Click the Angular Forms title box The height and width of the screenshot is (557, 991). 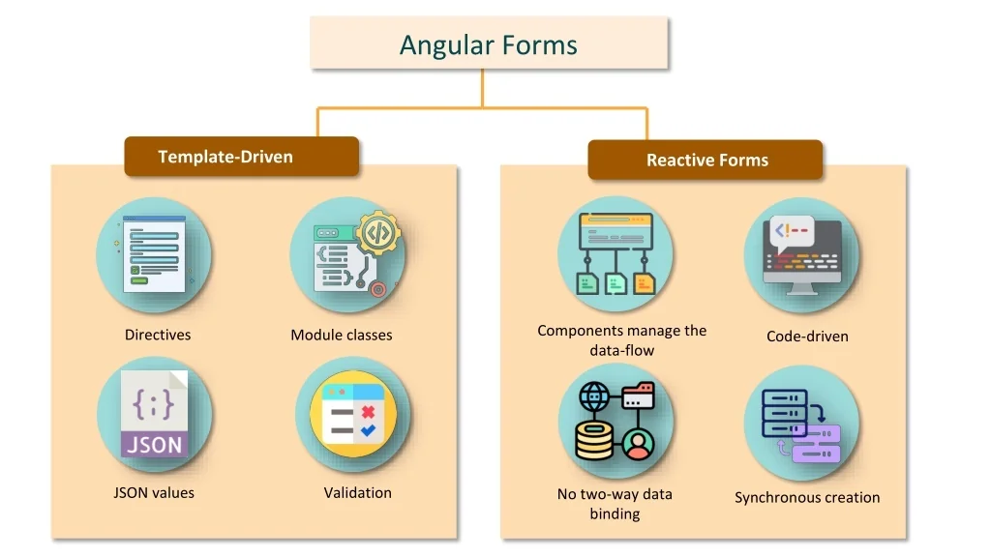click(489, 44)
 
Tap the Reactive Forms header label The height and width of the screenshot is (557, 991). click(706, 161)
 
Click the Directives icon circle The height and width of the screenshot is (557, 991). click(154, 254)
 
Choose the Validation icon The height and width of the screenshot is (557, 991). click(353, 414)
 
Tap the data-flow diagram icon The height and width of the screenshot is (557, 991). click(616, 254)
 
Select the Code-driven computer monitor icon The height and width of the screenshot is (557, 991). click(802, 254)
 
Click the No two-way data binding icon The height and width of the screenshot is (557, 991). click(616, 421)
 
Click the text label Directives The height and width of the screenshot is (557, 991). click(158, 335)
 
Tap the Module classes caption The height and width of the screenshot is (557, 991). click(342, 335)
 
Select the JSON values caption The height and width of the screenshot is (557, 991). click(154, 492)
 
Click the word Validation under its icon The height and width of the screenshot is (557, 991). click(358, 492)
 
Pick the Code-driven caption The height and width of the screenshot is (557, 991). click(807, 337)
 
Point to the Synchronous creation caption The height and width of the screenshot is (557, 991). click(807, 497)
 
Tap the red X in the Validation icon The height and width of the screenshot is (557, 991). click(368, 412)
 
